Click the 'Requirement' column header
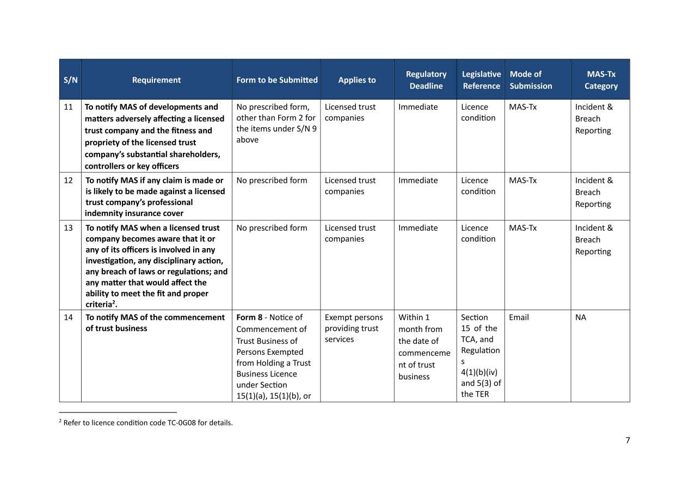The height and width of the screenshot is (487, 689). click(x=156, y=80)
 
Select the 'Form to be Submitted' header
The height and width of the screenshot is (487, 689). click(x=276, y=80)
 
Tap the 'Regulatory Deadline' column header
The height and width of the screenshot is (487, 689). click(x=426, y=80)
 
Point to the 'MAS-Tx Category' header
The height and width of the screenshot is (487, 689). click(x=601, y=80)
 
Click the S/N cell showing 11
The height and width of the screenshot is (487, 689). click(x=68, y=107)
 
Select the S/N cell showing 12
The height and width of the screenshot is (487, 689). click(x=68, y=181)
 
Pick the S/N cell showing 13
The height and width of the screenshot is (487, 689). click(x=68, y=228)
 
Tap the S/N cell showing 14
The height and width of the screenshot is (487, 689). click(x=68, y=317)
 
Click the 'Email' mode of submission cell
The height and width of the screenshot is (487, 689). click(x=519, y=317)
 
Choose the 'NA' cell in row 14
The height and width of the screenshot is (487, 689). click(x=581, y=317)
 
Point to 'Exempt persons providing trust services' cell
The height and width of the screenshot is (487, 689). click(x=354, y=328)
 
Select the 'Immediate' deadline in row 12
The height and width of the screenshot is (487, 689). click(x=418, y=181)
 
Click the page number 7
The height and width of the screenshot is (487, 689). click(x=628, y=440)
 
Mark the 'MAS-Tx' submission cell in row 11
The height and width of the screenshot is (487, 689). click(x=522, y=107)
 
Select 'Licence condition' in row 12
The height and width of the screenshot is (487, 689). click(x=478, y=186)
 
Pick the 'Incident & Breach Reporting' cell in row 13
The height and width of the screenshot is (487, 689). click(x=593, y=239)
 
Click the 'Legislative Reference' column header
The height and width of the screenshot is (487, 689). click(x=481, y=80)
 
